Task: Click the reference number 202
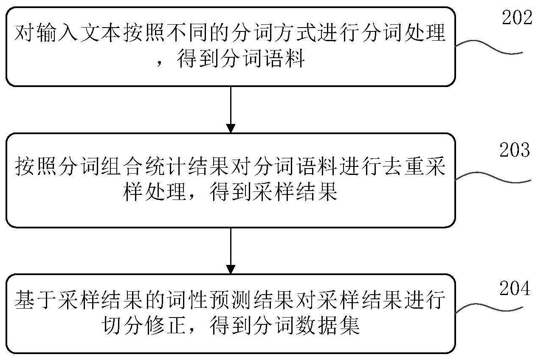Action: (x=517, y=17)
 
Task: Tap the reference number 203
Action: (x=515, y=150)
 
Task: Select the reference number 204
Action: (x=515, y=288)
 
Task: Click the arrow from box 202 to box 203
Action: (x=231, y=110)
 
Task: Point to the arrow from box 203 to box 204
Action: (x=231, y=251)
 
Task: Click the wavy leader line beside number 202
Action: (x=489, y=47)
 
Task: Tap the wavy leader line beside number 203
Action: (x=493, y=177)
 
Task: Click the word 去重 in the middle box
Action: (x=403, y=167)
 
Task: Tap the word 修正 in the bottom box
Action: (x=165, y=326)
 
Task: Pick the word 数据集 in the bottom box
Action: (x=328, y=326)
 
